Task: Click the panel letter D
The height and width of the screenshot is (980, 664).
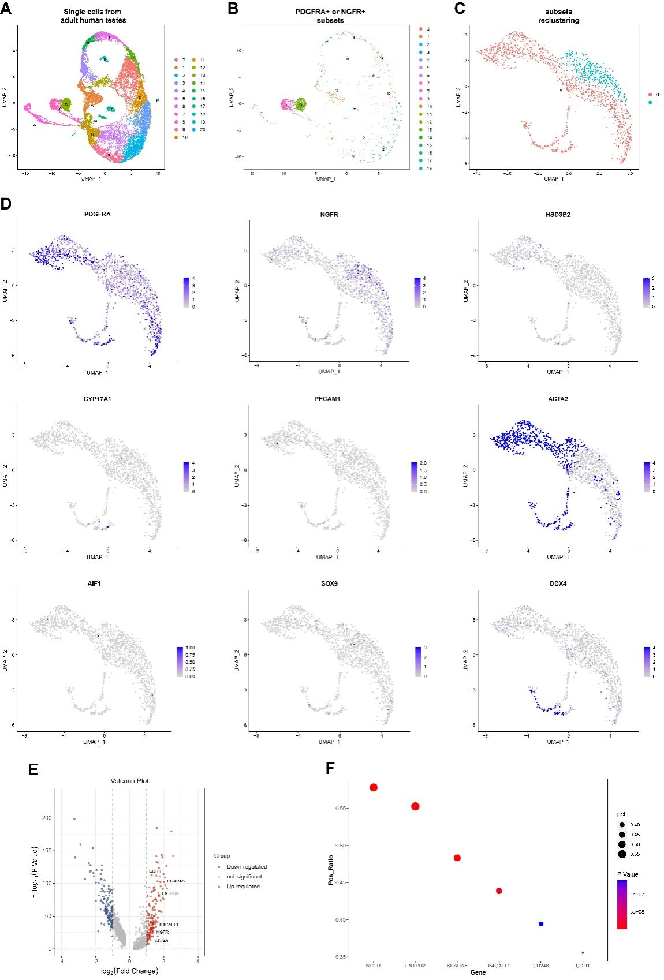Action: [x=6, y=204]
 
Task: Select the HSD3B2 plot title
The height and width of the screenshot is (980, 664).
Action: [x=558, y=215]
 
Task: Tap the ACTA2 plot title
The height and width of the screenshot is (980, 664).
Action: [x=558, y=399]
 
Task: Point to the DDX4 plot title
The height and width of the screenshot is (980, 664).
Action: [x=558, y=583]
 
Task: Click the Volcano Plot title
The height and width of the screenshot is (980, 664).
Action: [x=129, y=781]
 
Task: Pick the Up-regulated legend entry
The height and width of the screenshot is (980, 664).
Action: [x=243, y=887]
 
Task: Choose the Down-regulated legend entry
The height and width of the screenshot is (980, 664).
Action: [x=247, y=867]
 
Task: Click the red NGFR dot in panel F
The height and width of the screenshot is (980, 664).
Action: [x=374, y=787]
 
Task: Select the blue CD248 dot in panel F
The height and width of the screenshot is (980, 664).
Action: [x=540, y=924]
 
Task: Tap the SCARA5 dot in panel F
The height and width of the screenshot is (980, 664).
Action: [x=457, y=858]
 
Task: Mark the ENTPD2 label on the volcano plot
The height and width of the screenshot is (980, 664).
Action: [x=170, y=893]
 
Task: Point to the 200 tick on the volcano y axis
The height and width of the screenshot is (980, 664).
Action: [x=47, y=818]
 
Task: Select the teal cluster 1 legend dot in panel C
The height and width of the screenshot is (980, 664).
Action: [x=650, y=103]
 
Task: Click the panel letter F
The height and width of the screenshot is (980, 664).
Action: [x=330, y=769]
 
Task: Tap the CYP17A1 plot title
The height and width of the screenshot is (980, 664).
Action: [x=96, y=399]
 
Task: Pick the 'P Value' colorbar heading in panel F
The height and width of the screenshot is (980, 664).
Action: [x=628, y=874]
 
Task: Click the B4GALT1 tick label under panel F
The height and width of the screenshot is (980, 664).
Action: [x=499, y=965]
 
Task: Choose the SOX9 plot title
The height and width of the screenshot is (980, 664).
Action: [x=329, y=583]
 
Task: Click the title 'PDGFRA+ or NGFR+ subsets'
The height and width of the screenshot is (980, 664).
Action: [x=330, y=16]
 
